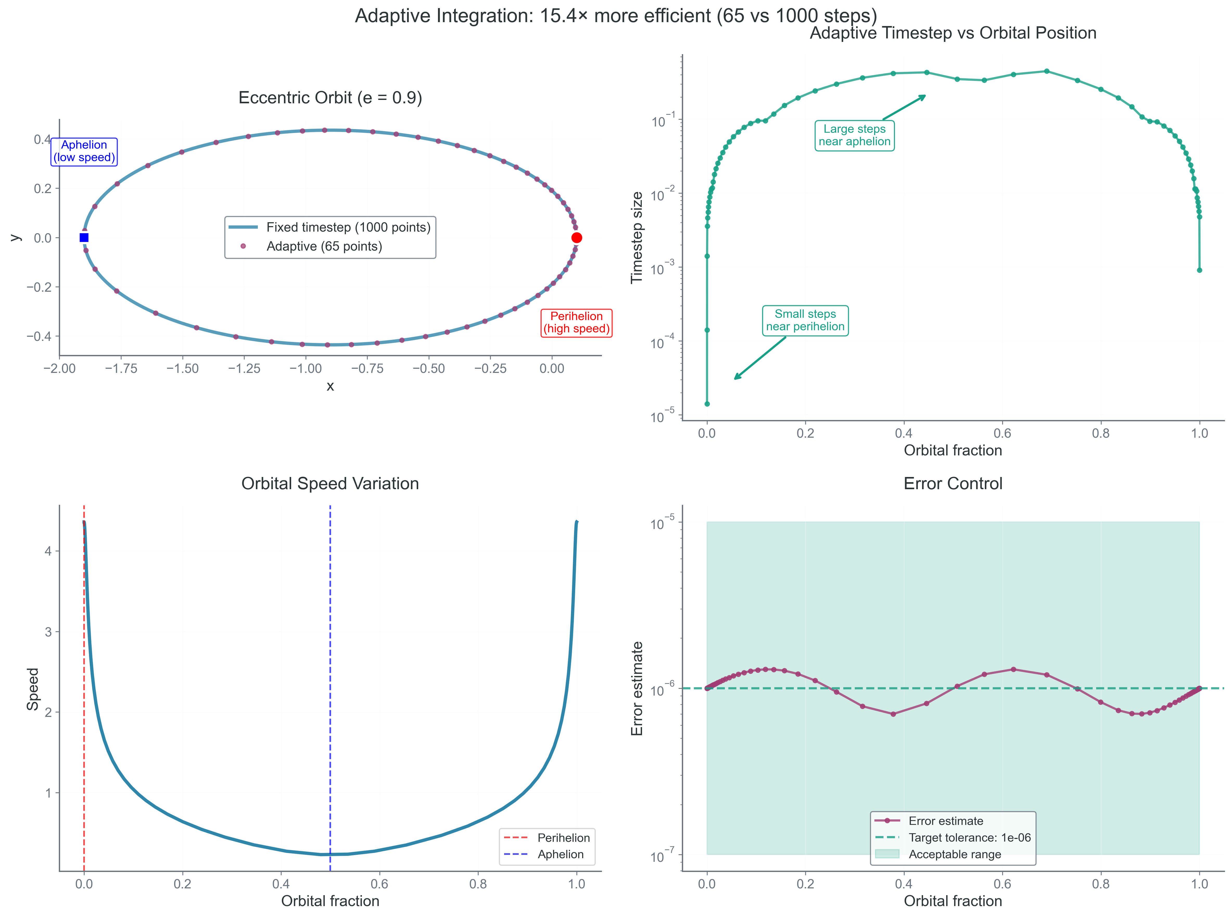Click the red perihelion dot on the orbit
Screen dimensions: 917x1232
(x=576, y=238)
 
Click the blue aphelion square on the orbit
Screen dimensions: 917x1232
(x=84, y=238)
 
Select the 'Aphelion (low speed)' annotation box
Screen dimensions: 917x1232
(x=84, y=151)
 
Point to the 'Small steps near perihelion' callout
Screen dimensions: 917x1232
(x=805, y=320)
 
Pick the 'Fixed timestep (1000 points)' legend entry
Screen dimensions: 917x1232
(x=348, y=227)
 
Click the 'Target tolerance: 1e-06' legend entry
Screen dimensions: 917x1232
(x=969, y=838)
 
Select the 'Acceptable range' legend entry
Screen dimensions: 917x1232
(x=954, y=854)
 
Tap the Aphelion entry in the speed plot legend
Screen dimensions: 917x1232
(x=560, y=854)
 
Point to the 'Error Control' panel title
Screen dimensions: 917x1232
(x=953, y=483)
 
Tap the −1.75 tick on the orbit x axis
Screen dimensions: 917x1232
(x=121, y=368)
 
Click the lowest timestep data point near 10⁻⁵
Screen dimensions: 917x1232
(x=707, y=404)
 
